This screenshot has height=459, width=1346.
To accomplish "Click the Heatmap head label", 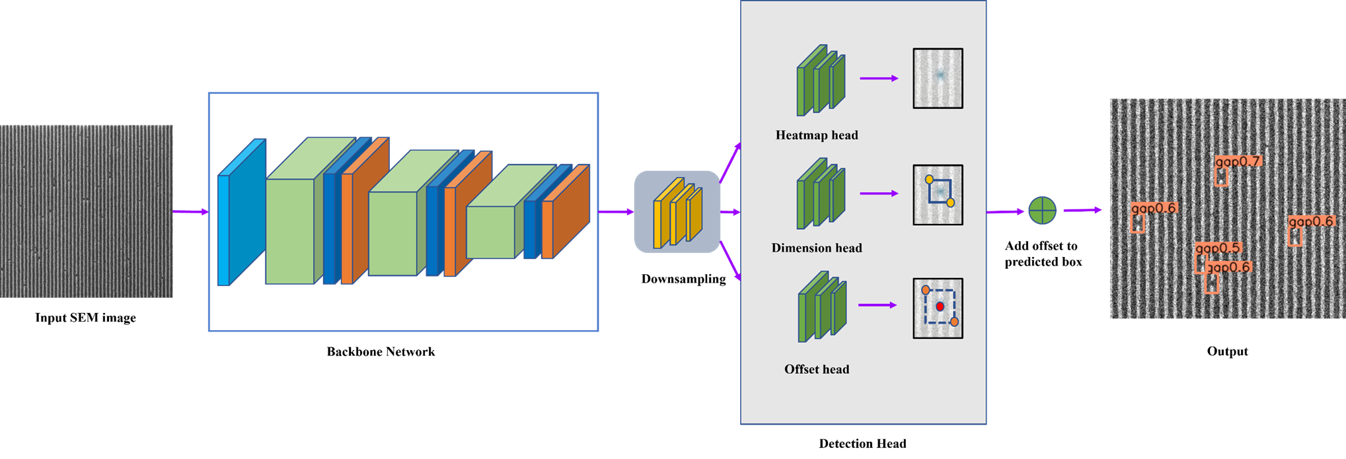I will point(817,135).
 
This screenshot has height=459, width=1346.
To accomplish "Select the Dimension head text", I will point(817,248).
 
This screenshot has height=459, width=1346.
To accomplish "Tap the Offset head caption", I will point(817,370).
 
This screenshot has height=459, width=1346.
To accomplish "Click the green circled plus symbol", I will point(1042,211).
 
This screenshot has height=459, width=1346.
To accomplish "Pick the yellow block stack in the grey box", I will point(677,213).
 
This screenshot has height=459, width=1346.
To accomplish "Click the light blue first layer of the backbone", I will point(241,213).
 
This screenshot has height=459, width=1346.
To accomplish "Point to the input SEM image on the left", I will point(86,211).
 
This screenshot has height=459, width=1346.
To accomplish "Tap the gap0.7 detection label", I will point(1238,162).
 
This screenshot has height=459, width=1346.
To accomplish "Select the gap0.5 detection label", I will point(1218,248).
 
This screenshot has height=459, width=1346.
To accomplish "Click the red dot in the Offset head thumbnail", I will point(940,307).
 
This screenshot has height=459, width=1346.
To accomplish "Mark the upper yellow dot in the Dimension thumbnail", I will point(929,180).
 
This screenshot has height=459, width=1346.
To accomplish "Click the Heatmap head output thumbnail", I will point(938,78).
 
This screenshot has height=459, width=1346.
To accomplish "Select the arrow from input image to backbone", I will point(190,212).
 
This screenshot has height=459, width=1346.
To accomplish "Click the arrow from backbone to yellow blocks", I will point(616,212).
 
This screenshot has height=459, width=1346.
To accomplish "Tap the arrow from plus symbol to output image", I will point(1082,210).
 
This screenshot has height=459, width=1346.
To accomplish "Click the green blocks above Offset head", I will point(821,306).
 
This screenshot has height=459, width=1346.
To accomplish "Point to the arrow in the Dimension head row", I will point(879,194).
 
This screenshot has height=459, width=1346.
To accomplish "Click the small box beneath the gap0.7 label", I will point(1222,177).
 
